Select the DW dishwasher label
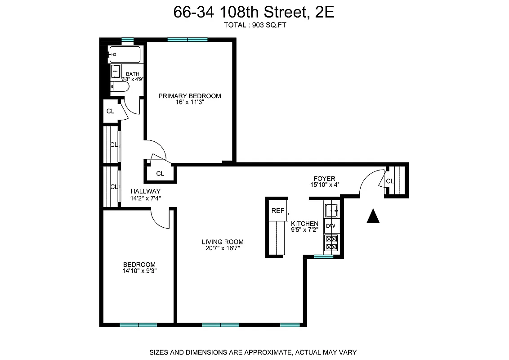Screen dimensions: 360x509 click(330, 226)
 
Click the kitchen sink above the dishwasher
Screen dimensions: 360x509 click(332, 210)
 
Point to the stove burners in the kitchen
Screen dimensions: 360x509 click(331, 243)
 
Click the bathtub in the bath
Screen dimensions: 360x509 click(125, 55)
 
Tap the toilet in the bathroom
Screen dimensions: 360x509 click(121, 86)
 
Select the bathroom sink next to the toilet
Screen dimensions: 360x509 click(116, 71)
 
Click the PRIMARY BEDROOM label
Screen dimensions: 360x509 click(190, 96)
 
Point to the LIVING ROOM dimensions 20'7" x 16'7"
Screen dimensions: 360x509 click(223, 248)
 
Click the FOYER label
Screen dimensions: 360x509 click(324, 179)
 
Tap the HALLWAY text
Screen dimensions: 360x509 click(145, 191)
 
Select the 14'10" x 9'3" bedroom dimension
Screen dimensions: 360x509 click(139, 271)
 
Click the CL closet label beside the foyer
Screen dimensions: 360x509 click(389, 181)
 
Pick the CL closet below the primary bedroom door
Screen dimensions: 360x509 click(160, 173)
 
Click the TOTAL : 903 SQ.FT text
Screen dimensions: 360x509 click(255, 26)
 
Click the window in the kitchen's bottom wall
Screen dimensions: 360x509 click(324, 257)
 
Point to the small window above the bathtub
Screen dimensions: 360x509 click(128, 40)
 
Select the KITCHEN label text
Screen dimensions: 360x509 click(304, 224)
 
